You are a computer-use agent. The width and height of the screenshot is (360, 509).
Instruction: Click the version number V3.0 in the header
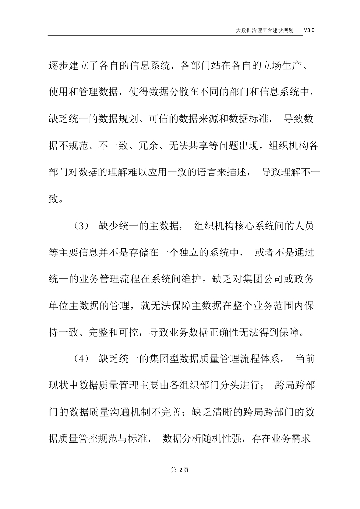coord(309,30)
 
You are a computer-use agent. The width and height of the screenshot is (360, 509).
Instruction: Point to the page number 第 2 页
coord(180,470)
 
